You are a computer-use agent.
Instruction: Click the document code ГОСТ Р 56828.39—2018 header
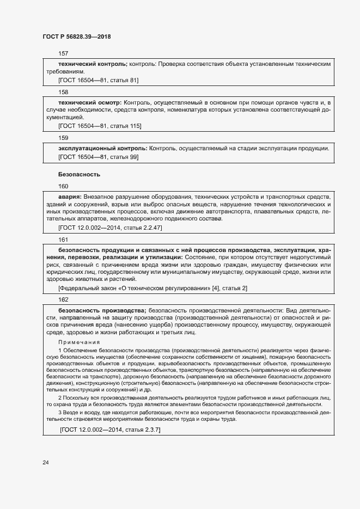click(77, 36)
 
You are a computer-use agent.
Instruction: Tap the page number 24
click(46, 463)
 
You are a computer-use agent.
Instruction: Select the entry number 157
click(63, 53)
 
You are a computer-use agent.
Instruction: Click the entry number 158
click(63, 92)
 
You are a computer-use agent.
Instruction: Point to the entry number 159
click(63, 138)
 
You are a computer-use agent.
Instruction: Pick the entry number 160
click(63, 186)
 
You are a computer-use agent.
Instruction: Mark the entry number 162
click(63, 299)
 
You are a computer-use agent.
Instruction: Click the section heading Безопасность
click(79, 175)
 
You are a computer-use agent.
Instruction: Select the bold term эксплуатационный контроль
click(102, 148)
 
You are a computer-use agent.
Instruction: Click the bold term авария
click(70, 196)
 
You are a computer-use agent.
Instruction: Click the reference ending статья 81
click(98, 80)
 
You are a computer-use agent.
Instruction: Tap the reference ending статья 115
click(100, 126)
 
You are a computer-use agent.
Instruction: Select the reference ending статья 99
click(98, 157)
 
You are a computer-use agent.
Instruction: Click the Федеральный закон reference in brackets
click(152, 287)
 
